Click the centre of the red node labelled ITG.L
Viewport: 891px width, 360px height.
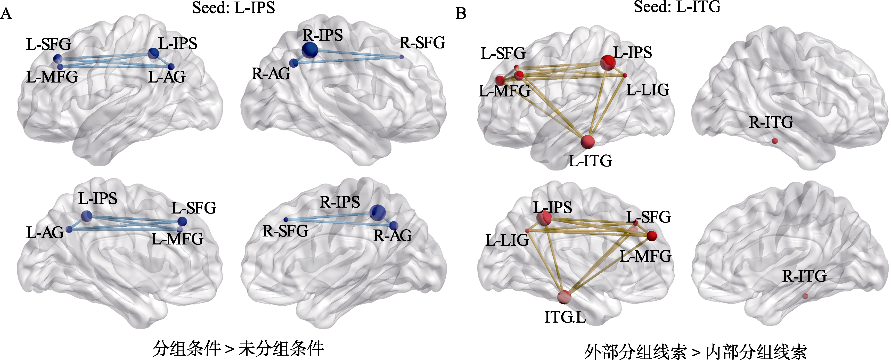click(x=564, y=297)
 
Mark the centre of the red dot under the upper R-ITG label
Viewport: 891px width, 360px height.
click(x=775, y=141)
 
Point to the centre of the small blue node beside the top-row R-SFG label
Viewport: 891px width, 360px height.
click(x=401, y=57)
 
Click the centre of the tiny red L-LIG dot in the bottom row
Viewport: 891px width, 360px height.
click(x=527, y=230)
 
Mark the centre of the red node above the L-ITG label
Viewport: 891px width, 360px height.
click(x=588, y=141)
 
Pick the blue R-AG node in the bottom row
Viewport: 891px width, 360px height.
click(x=394, y=226)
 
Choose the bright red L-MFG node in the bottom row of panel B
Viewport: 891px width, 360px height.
click(x=652, y=236)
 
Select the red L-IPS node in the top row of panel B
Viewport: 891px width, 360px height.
click(x=608, y=62)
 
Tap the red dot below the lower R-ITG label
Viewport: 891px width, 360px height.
click(x=805, y=296)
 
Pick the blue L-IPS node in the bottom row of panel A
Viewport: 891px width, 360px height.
click(x=86, y=216)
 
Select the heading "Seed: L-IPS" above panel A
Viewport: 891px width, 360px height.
click(x=233, y=8)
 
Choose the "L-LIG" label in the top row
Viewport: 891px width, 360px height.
click(x=648, y=90)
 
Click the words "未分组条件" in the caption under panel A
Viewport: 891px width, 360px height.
click(x=281, y=349)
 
